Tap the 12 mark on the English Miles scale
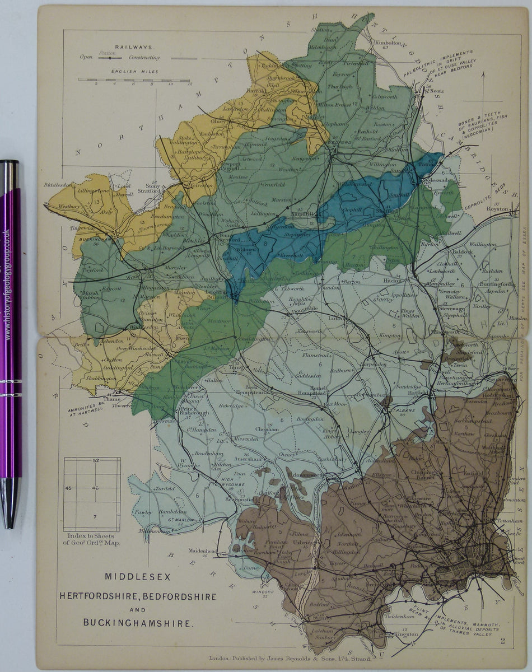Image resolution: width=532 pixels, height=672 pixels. pos(190,84)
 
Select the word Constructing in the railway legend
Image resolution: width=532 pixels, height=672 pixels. pos(144,58)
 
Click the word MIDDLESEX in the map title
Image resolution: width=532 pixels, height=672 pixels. pos(137,576)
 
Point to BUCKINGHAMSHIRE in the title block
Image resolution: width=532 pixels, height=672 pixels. pos(138,622)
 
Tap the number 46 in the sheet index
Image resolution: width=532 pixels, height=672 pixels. pos(95,488)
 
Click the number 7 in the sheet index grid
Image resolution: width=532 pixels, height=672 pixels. pos(95,516)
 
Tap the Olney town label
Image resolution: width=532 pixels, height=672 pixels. pos(217,120)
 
